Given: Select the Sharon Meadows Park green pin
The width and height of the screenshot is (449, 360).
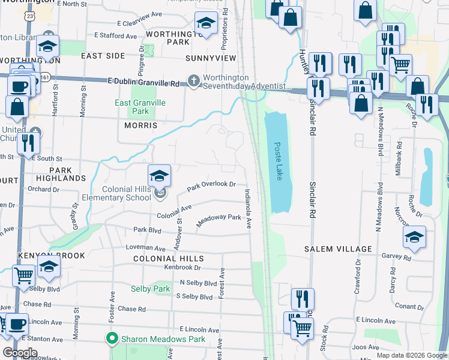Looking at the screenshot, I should point(110,339).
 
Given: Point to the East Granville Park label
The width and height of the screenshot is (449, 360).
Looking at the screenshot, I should point(140,107).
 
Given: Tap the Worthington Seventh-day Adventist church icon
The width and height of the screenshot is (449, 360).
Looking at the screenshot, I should point(193,80).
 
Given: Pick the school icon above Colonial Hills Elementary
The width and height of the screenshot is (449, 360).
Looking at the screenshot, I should point(159,176).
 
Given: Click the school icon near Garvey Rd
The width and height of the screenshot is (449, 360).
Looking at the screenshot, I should point(414,238).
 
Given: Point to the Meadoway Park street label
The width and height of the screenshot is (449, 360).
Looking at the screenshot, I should point(219,220).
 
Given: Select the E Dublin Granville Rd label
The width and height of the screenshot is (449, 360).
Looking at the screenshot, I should point(143,82).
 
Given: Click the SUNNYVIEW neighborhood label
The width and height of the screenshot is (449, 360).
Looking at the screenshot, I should point(211,58).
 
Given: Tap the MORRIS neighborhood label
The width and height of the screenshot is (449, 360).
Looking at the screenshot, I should point(140,125).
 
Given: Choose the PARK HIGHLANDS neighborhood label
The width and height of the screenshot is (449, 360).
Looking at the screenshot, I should point(61,174).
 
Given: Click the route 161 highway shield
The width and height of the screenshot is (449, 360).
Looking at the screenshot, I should point(46,77).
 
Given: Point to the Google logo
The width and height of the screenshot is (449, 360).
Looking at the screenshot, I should point(20,353).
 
